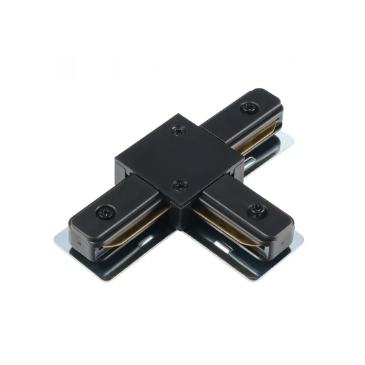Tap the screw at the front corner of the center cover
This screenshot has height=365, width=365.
click(x=181, y=184)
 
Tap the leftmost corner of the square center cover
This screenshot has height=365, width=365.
click(x=115, y=162)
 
